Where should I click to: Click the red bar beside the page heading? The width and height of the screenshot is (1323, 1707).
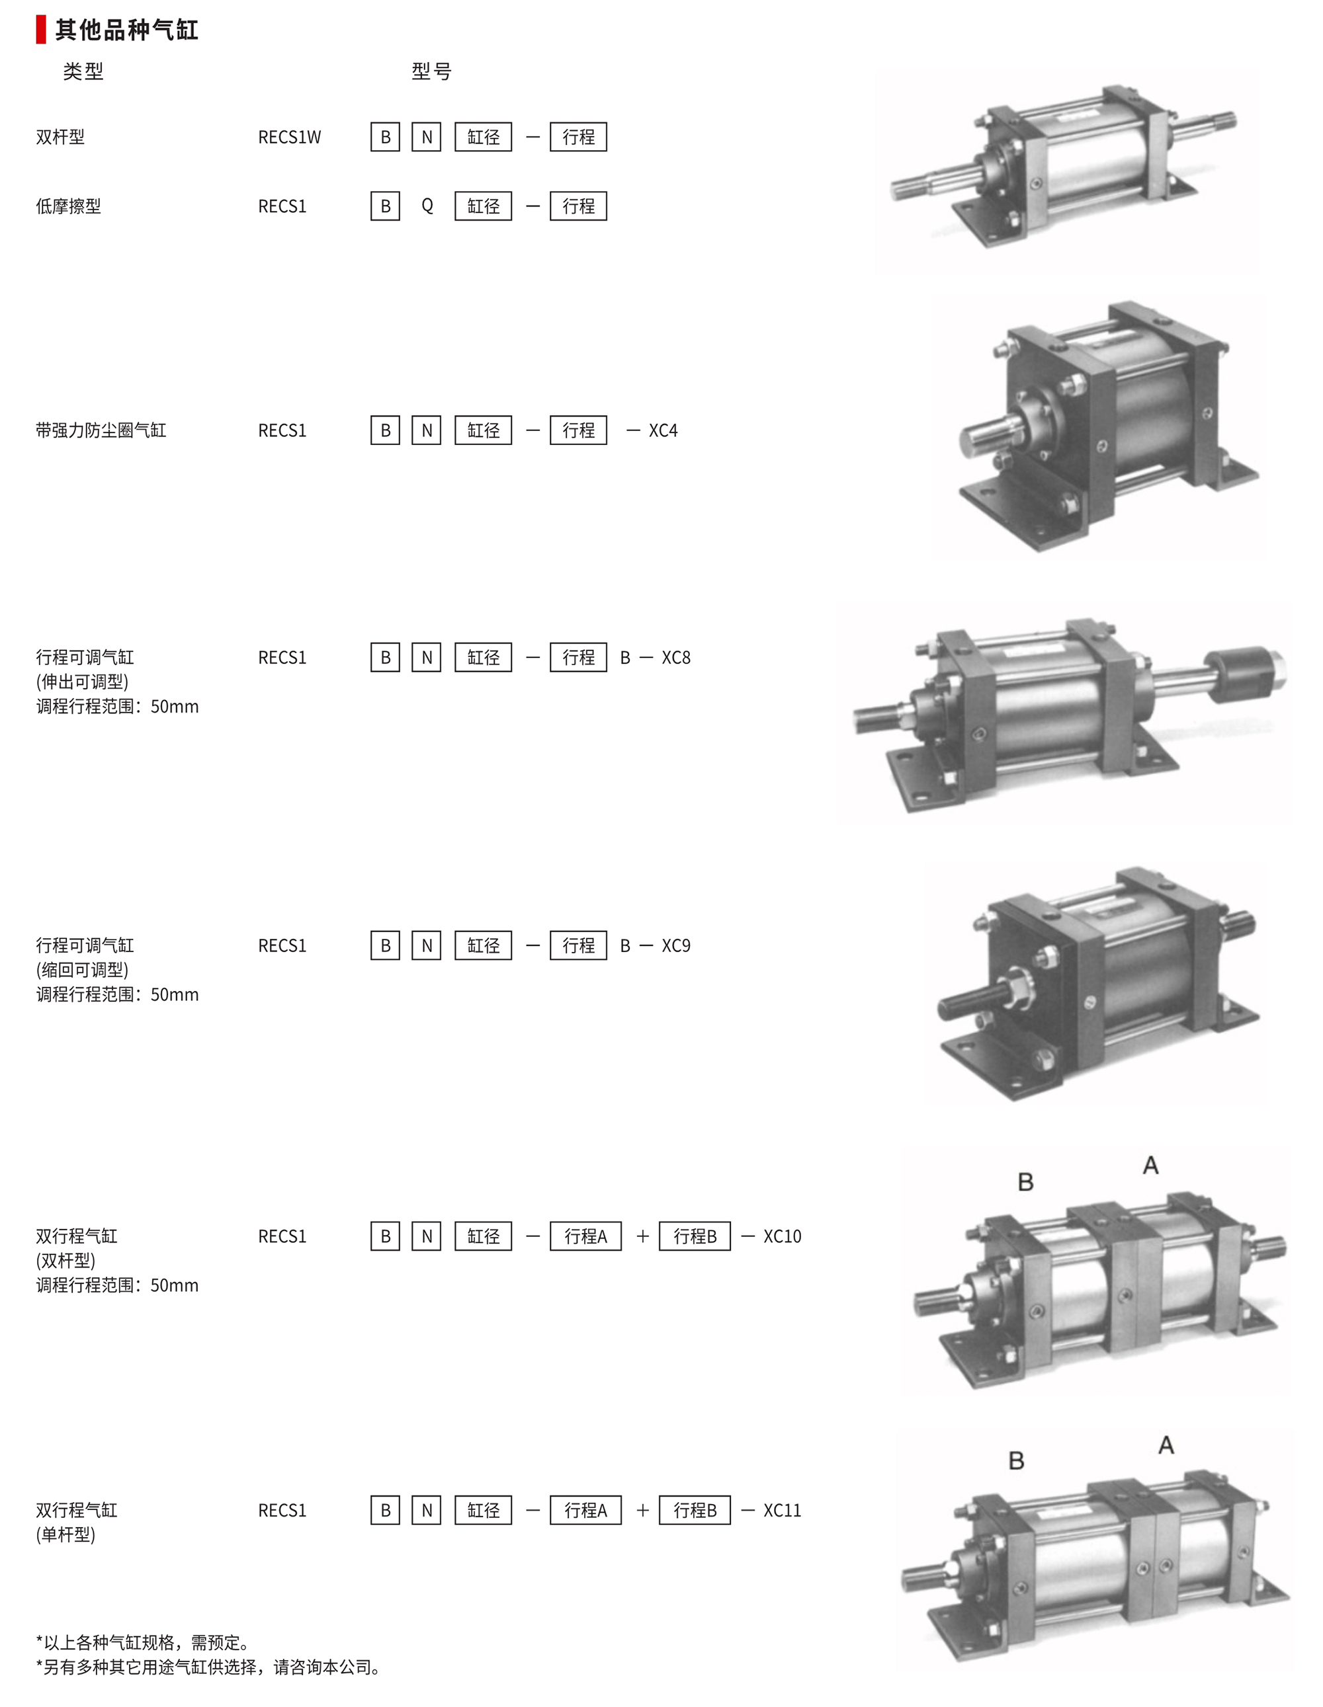40,29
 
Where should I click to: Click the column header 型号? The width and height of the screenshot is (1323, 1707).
431,72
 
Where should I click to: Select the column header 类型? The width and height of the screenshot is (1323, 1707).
83,72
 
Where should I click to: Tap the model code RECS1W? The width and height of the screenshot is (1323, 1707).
289,137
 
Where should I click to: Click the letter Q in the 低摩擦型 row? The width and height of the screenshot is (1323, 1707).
427,206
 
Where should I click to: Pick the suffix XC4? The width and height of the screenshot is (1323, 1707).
663,430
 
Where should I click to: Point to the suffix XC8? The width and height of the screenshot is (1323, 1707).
676,657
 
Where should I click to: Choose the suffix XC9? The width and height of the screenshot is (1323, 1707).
676,946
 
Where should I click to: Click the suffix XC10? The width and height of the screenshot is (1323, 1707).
782,1236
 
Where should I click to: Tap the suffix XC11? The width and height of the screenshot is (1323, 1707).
782,1511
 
